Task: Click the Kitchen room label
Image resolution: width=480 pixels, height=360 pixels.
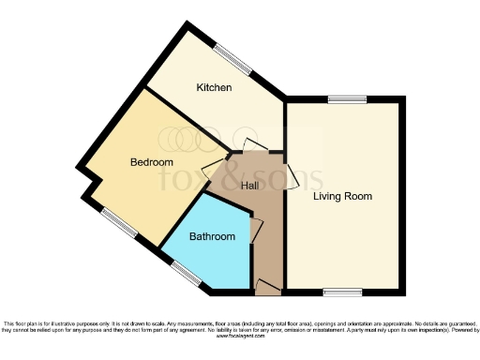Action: [x=214, y=88]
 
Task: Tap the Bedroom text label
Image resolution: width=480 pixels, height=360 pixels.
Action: [x=151, y=162]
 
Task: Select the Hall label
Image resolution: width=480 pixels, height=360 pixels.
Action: [x=249, y=186]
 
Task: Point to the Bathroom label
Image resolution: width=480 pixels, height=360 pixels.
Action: [x=212, y=237]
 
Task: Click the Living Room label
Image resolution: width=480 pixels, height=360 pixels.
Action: [x=342, y=197]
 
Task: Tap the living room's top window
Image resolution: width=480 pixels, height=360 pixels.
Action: [x=347, y=98]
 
